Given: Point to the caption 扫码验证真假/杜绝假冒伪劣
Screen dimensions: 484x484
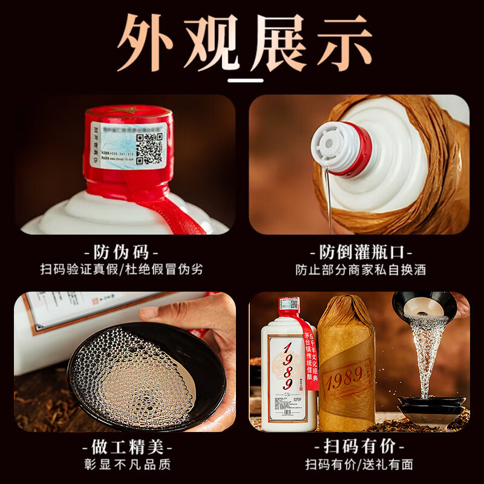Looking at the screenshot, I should [x=122, y=269].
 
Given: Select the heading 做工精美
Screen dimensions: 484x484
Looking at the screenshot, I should [x=122, y=448].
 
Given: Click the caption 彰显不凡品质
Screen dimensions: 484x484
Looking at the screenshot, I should [x=122, y=465].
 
